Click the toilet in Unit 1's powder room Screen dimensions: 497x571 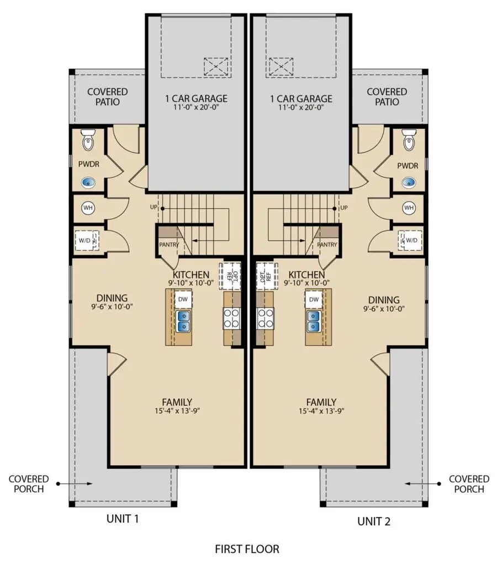pos(88,140)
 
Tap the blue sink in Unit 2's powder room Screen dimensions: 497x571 pos(409,182)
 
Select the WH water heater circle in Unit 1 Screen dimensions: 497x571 pos(88,208)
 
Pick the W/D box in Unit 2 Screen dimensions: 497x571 pos(411,240)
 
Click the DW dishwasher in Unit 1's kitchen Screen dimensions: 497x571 pos(183,299)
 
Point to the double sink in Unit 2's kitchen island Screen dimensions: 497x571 pos(314,321)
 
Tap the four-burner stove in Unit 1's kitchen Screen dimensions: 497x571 pos(231,318)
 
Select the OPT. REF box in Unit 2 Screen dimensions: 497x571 pos(265,276)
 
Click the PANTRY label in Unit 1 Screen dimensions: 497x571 pos(169,245)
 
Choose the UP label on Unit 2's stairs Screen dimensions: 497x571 pos(343,208)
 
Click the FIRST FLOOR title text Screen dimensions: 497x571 pos(247,549)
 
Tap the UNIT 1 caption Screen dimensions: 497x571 pos(123,519)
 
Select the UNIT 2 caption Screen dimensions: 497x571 pos(373,521)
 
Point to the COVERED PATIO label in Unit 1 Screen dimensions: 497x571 pos(108,97)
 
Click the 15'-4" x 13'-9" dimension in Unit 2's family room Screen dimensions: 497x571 pos(321,411)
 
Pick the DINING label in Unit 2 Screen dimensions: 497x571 pos(384,300)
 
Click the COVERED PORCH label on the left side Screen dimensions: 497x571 pos(29,484)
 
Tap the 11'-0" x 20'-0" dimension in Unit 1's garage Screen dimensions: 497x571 pos(196,108)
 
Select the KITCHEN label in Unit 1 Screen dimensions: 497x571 pos(191,274)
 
